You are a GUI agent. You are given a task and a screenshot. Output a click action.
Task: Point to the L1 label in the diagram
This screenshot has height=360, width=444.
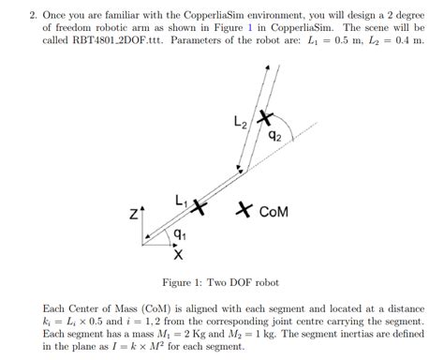pos(181,199)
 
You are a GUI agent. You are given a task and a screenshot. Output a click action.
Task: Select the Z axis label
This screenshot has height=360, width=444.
pos(134,215)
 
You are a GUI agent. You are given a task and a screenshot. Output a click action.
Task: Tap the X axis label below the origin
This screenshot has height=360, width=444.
pos(177,253)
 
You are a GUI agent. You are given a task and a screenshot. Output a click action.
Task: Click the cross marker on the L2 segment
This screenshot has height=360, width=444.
pos(265,119)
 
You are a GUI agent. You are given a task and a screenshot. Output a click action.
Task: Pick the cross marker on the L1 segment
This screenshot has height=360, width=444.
pos(198,204)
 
